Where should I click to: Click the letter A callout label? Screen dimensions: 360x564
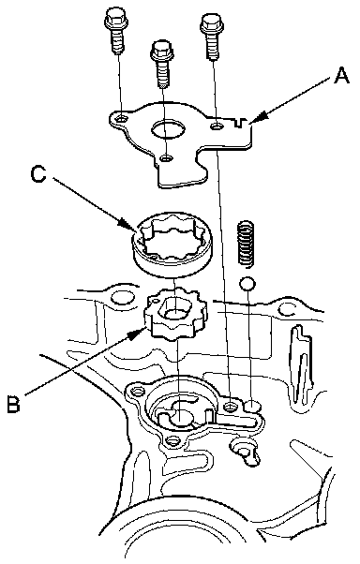341,76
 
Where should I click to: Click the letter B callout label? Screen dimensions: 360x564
14,404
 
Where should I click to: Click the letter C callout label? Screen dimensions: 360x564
38,174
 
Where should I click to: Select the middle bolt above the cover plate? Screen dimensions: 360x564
162,64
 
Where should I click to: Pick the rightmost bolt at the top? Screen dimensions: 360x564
212,36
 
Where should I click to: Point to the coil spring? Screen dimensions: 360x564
247,244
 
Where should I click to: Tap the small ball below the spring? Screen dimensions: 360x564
247,284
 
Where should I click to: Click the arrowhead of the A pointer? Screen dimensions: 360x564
260,118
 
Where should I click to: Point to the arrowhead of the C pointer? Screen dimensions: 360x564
128,225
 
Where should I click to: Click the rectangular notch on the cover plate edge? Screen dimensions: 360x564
240,122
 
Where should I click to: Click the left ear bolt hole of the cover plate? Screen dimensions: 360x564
122,118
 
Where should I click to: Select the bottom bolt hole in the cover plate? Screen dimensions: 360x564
166,157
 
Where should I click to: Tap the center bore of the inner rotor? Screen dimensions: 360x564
174,310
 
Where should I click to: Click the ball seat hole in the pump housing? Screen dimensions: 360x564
253,406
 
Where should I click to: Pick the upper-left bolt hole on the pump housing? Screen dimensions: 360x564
136,391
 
